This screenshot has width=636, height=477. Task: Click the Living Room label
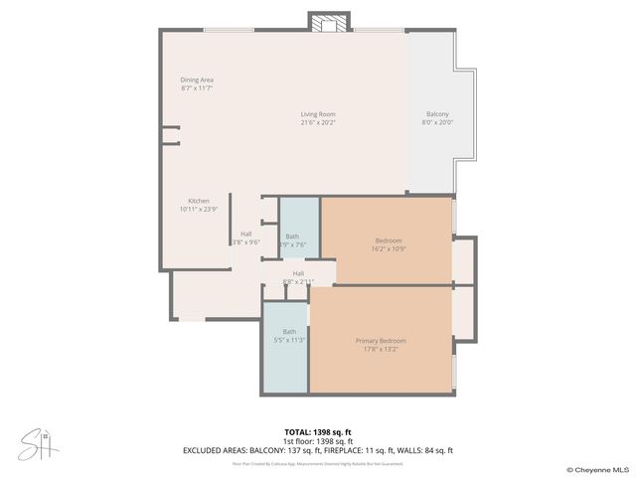[x=318, y=114]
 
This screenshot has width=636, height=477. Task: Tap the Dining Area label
[x=197, y=79]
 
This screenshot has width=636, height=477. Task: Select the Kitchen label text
[x=199, y=201]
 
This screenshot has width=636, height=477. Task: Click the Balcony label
[x=437, y=114]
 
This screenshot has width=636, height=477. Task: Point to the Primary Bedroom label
[x=381, y=341]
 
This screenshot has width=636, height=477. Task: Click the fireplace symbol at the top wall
[x=328, y=22]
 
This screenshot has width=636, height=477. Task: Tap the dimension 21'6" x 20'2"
[x=318, y=123]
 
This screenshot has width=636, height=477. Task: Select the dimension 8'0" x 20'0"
[x=437, y=123]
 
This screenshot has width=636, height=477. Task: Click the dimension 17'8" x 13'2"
[x=381, y=350]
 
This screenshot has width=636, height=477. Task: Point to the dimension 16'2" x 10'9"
[x=389, y=249]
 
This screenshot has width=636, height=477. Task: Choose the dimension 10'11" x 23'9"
[x=199, y=210]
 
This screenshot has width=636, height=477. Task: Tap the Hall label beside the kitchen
[x=245, y=234]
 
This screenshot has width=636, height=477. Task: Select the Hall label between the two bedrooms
[x=298, y=273]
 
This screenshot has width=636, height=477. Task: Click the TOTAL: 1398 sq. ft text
[x=317, y=433]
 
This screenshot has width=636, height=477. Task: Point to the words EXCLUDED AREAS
[x=219, y=450]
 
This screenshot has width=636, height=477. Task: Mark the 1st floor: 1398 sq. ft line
[x=317, y=441]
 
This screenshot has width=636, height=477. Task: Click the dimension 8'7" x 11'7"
[x=197, y=88]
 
